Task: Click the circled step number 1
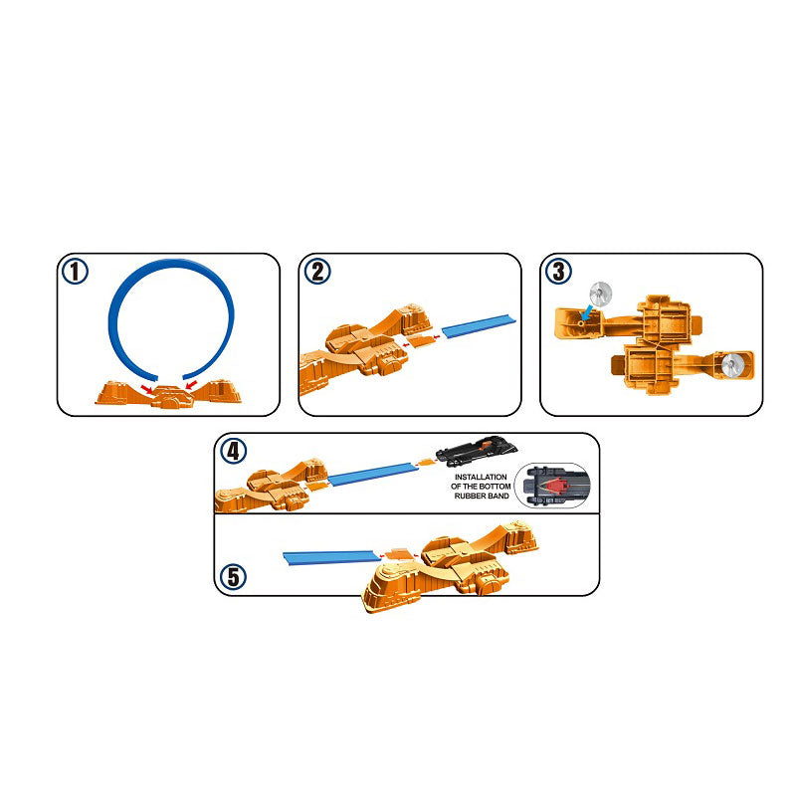click(75, 271)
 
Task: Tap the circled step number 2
click(317, 271)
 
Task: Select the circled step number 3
click(558, 271)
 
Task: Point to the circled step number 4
click(233, 451)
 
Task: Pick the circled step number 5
click(233, 577)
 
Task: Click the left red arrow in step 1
click(147, 389)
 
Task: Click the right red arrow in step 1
click(191, 385)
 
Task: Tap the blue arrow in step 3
click(587, 311)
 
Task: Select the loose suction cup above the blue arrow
click(601, 293)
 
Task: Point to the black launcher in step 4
click(477, 450)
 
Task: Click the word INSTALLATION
click(481, 478)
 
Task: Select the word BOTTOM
click(495, 487)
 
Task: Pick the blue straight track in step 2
click(480, 325)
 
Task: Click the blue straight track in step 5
click(331, 558)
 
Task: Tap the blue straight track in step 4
click(373, 475)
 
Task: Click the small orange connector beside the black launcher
click(426, 462)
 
